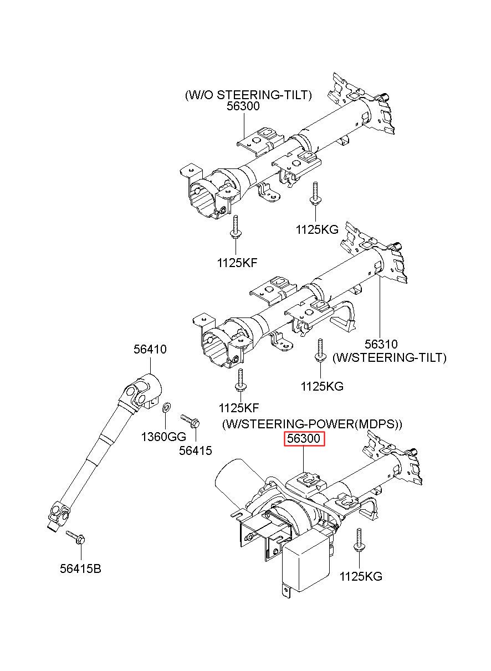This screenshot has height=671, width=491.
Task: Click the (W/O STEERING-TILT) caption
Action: (248, 95)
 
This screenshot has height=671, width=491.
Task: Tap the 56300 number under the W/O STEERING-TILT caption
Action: (243, 106)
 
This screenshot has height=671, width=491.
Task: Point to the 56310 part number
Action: (381, 344)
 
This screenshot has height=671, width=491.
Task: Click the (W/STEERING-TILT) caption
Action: (389, 357)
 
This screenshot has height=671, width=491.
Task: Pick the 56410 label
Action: (150, 349)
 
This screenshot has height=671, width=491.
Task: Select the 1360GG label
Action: (163, 437)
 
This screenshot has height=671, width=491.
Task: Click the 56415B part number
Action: (80, 568)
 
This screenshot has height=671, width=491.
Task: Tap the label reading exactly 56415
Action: (195, 450)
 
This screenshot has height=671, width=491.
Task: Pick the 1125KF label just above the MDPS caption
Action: (239, 408)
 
